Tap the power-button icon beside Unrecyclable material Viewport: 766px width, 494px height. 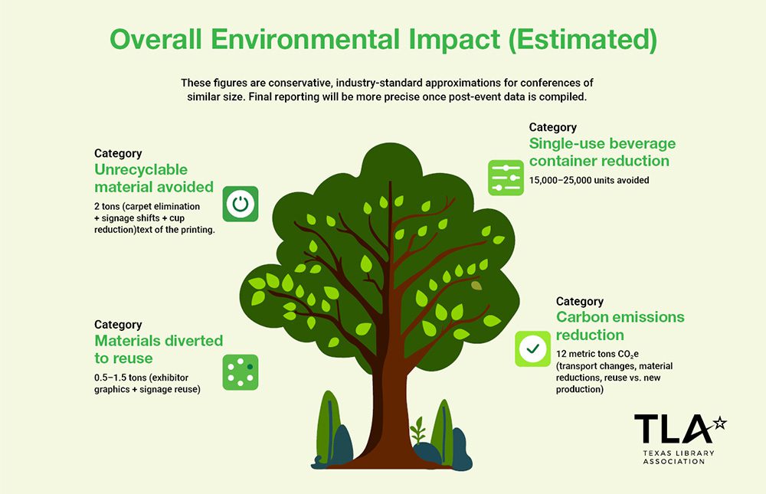[x=241, y=204]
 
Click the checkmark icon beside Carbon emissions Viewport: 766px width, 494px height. [x=532, y=348]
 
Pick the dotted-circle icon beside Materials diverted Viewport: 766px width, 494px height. [x=241, y=372]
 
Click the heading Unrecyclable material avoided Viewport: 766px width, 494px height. [x=154, y=178]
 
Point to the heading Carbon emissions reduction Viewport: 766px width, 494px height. [x=620, y=326]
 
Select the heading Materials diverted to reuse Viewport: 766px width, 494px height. [x=159, y=349]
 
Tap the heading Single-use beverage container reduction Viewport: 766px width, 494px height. [x=602, y=152]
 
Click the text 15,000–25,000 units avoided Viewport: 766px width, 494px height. [x=589, y=181]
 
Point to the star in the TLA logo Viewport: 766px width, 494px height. [x=719, y=422]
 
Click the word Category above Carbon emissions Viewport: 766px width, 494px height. [x=580, y=302]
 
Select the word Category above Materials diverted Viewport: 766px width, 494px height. [x=118, y=325]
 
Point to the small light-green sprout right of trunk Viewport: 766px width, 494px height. [x=417, y=430]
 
